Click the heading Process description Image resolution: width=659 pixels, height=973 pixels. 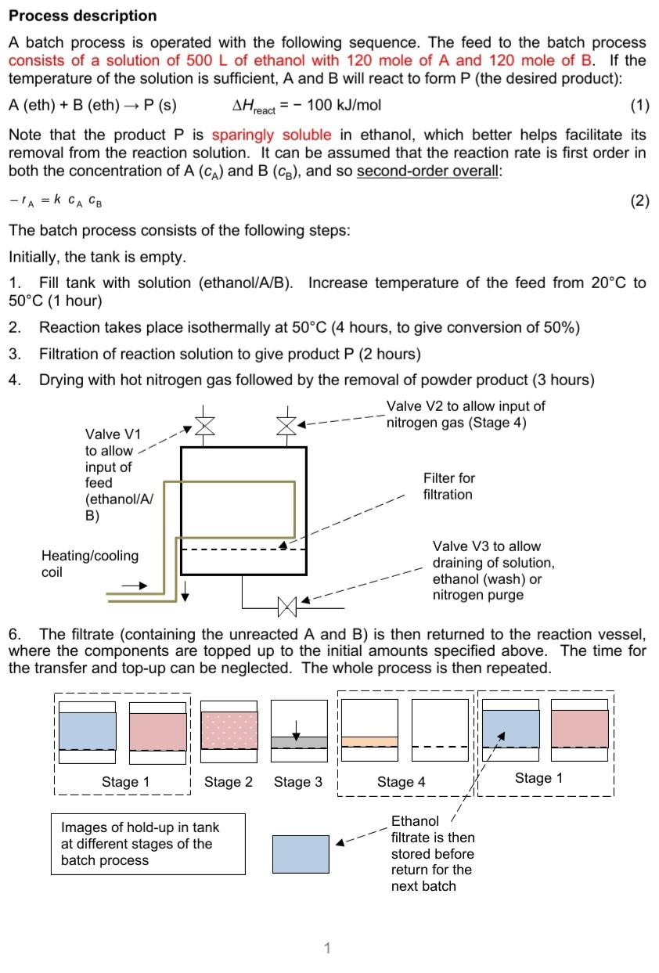[x=82, y=16]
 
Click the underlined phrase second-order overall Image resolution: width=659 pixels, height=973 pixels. [x=428, y=171]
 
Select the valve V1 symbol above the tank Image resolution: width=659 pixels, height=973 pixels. [x=203, y=425]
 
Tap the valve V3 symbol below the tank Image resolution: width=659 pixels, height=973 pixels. [x=286, y=604]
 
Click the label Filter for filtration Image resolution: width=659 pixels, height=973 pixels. [x=448, y=486]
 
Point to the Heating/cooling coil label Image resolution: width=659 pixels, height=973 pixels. [x=89, y=564]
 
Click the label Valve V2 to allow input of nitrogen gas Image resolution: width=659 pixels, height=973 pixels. [x=466, y=414]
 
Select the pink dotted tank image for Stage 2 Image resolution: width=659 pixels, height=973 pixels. [x=229, y=730]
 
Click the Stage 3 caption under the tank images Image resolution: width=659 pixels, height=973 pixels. [x=297, y=781]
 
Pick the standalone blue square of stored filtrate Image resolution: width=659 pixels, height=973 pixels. [x=301, y=854]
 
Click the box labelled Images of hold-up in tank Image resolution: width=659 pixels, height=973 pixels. [x=147, y=844]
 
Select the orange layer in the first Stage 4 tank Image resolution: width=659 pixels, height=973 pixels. [x=369, y=741]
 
